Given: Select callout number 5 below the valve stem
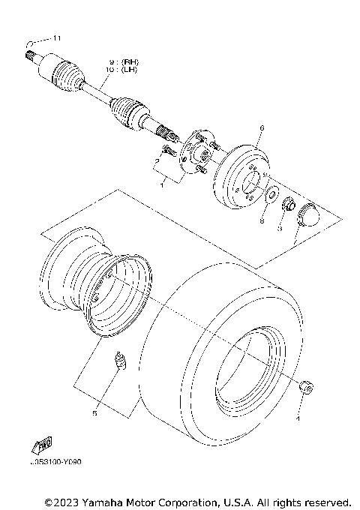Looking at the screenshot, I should (94, 412).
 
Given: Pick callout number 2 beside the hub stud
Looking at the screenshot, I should (156, 160).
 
